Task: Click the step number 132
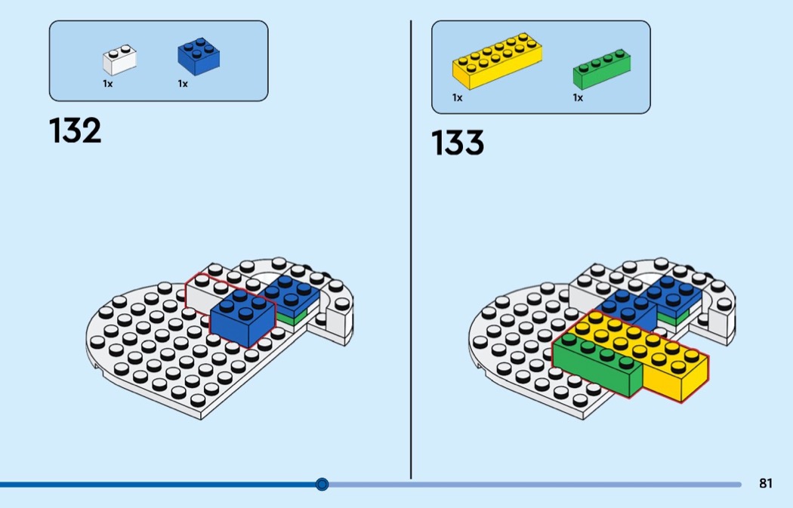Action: tap(76, 131)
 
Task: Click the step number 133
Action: tap(458, 143)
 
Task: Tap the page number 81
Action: tap(766, 484)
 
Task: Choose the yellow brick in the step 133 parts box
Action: tap(497, 61)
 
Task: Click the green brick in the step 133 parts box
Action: tap(601, 69)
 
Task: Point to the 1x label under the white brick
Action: tap(108, 85)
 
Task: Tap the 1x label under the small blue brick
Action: tap(183, 85)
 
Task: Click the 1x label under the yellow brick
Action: tap(457, 98)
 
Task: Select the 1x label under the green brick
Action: tap(578, 98)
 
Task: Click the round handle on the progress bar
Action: tap(322, 484)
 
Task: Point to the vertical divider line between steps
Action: tap(411, 249)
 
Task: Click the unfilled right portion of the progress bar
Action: tap(529, 485)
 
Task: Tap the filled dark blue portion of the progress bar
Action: tap(151, 485)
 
